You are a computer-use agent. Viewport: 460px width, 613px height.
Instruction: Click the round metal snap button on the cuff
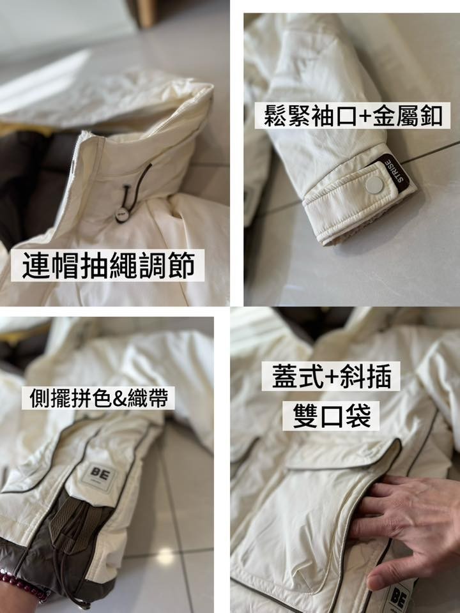coord(374,185)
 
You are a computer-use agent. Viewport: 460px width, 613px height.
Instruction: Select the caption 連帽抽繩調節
coord(108,266)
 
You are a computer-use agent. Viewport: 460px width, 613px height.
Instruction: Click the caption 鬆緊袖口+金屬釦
coord(353,116)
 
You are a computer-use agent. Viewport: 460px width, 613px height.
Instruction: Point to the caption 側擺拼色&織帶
coord(98,398)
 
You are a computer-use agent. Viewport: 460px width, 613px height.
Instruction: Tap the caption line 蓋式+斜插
coord(331,376)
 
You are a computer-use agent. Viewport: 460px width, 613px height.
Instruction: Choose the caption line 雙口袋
coord(332,416)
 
